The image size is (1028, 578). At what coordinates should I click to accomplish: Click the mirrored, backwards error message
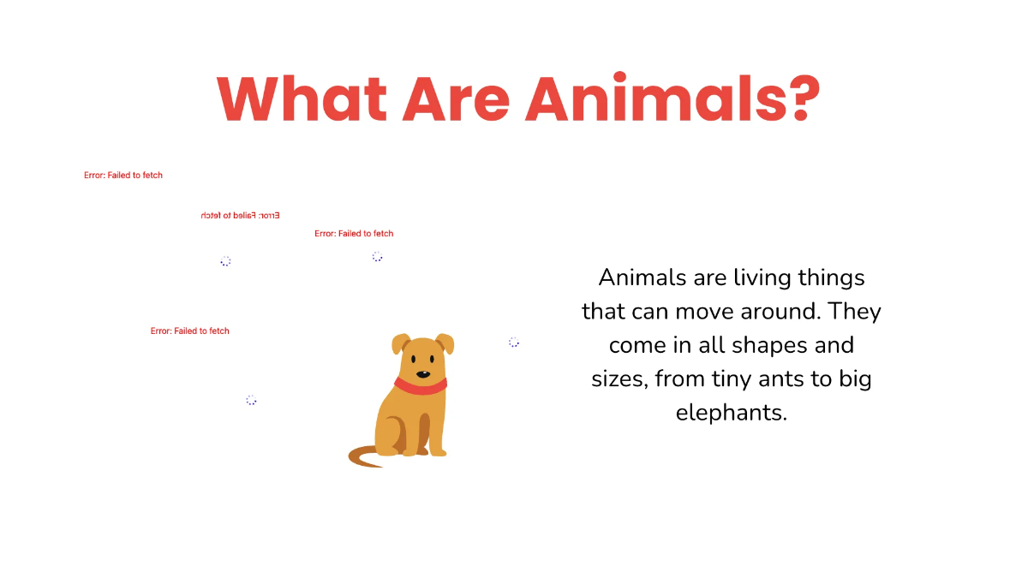click(241, 215)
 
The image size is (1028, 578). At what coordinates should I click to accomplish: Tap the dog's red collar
click(421, 386)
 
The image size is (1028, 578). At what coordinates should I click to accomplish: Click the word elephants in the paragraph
click(731, 412)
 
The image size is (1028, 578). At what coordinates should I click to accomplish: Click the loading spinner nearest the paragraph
click(514, 343)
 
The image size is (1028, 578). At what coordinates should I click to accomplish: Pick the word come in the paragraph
click(637, 345)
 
